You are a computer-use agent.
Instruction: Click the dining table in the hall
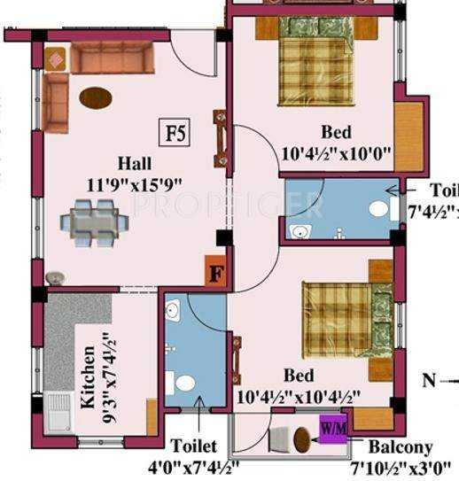tap(93, 218)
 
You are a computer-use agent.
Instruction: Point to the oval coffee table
tap(96, 96)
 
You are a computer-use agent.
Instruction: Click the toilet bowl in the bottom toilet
tap(185, 384)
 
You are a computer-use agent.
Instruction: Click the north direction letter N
tap(429, 381)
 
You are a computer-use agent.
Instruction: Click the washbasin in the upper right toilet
tap(300, 232)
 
